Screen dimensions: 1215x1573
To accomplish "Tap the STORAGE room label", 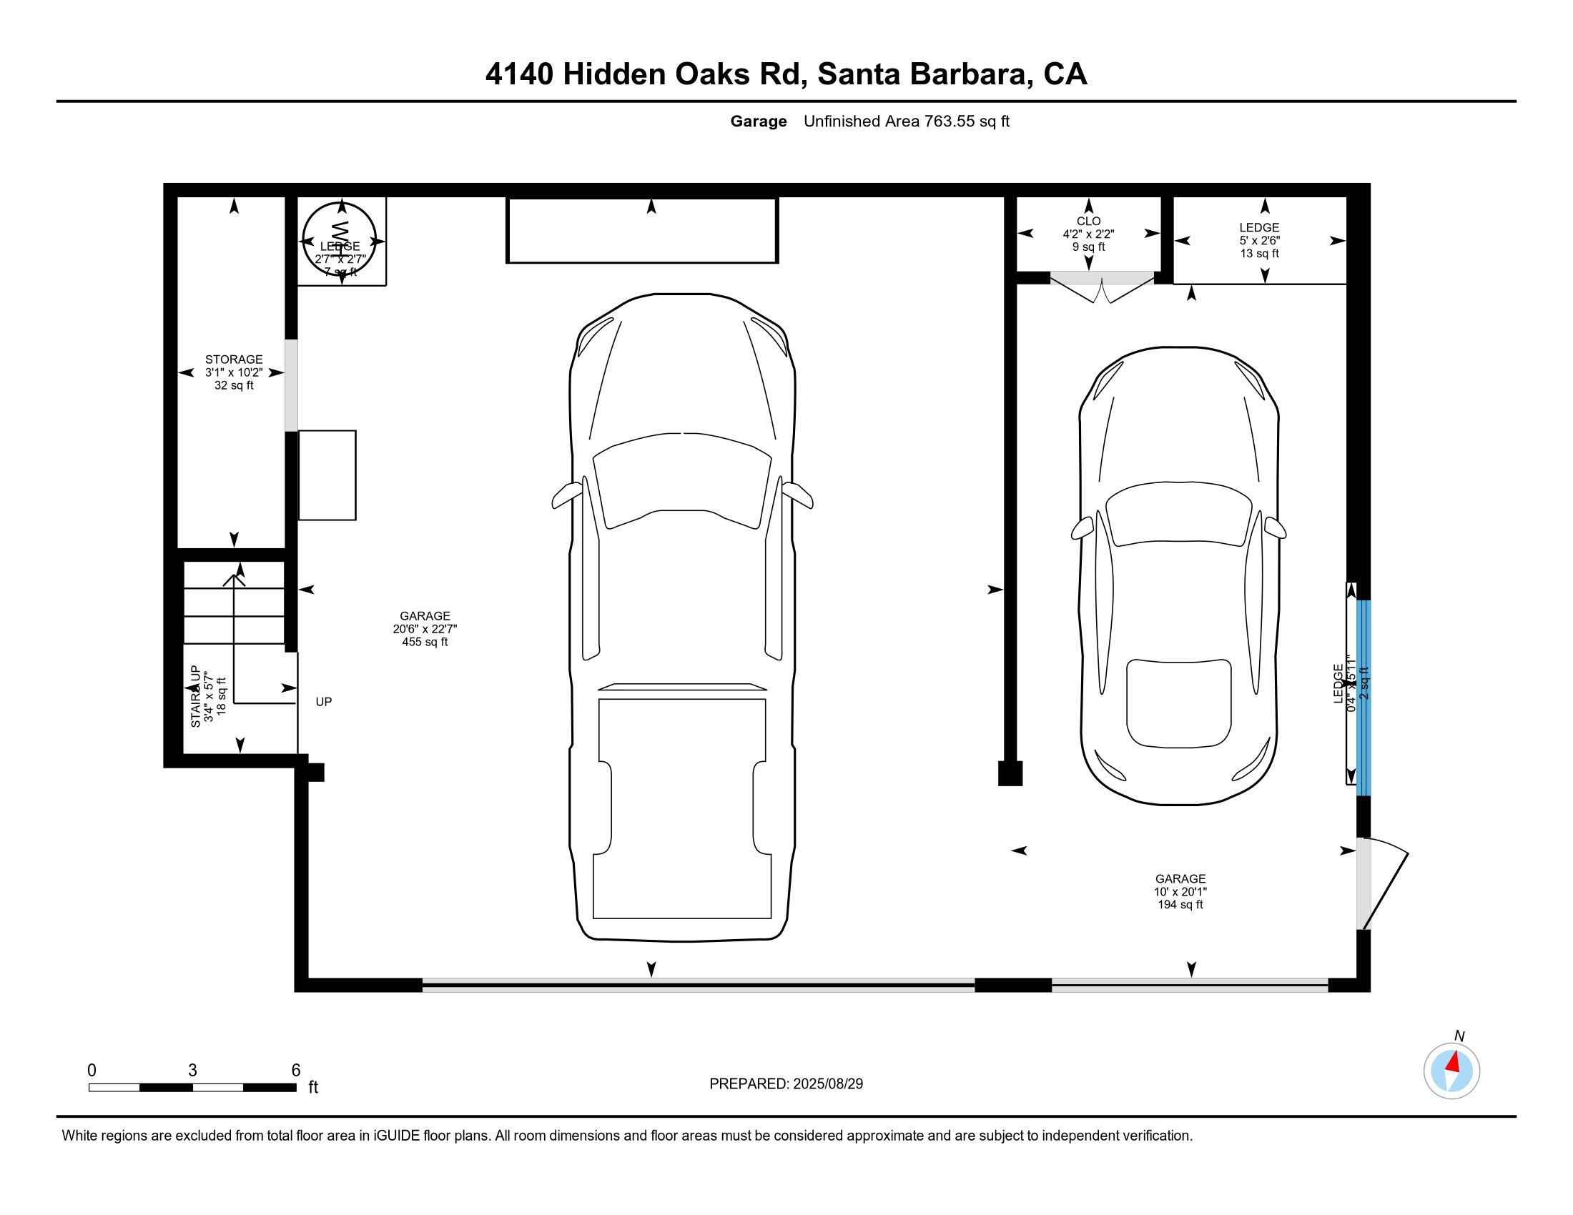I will click(233, 359).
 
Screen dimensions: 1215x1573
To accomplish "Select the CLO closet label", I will click(1088, 221).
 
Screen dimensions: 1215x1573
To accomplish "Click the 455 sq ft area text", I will click(424, 642).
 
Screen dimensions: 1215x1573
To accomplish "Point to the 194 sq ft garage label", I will click(1180, 905).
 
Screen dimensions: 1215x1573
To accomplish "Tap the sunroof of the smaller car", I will click(1178, 703).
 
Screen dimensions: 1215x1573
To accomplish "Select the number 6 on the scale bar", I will click(295, 1071).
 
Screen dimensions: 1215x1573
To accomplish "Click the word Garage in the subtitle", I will click(758, 121).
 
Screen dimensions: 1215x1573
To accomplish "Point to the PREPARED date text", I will click(786, 1084).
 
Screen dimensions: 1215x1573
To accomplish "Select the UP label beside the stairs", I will click(323, 702).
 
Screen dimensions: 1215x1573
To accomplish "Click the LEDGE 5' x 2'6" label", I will click(1259, 240).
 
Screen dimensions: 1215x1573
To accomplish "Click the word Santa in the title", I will click(859, 74).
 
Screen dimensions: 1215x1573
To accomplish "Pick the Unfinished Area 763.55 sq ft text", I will click(906, 121).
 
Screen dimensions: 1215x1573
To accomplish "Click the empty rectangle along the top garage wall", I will click(642, 230).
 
